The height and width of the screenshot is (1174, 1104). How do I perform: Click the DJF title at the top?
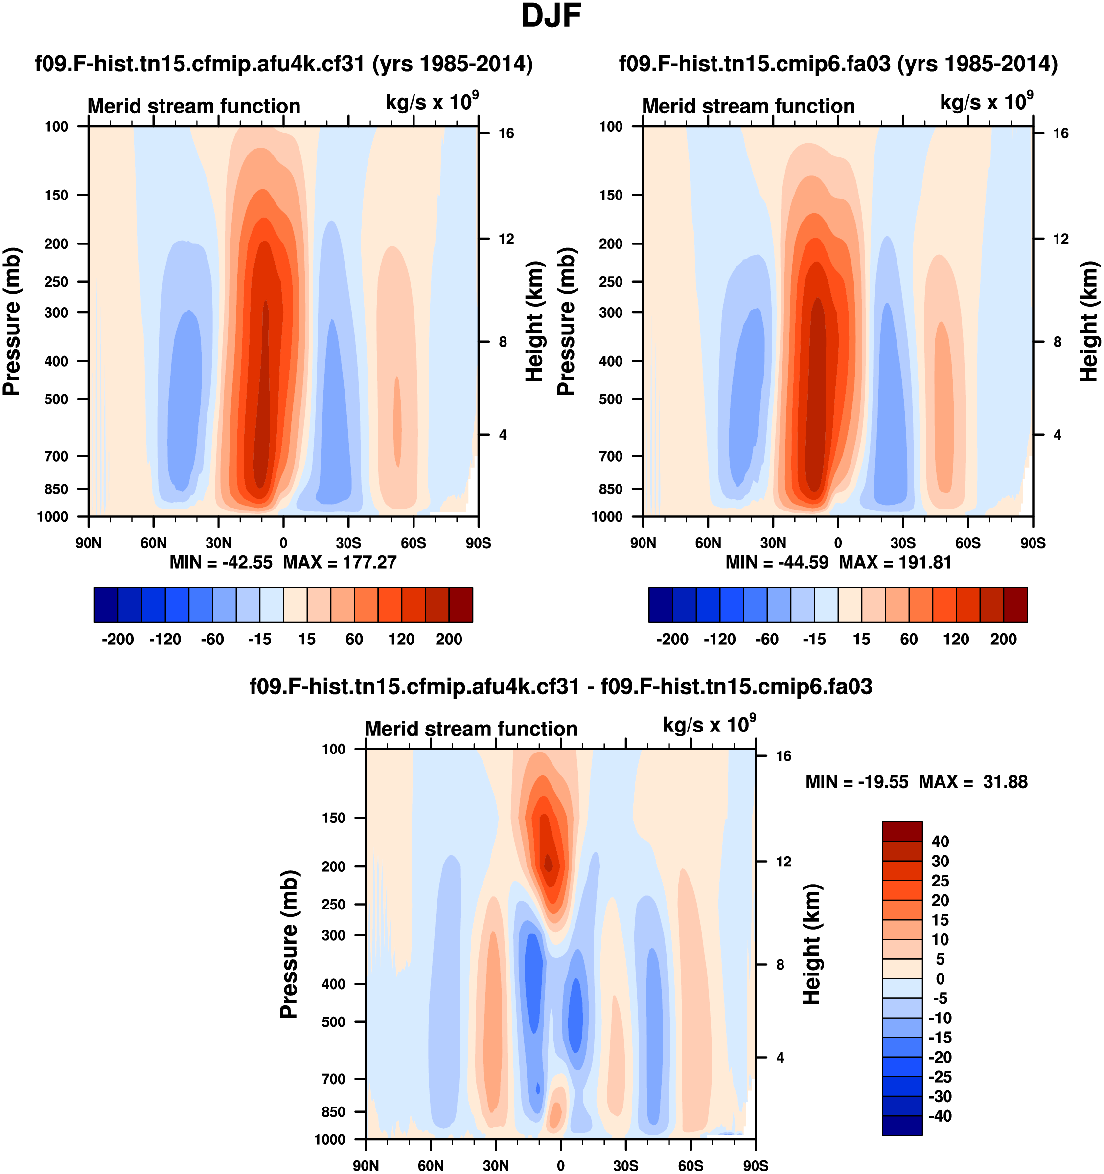click(551, 17)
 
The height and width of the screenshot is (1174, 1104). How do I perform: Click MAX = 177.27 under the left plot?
click(339, 562)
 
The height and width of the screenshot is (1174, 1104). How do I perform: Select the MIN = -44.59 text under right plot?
click(777, 562)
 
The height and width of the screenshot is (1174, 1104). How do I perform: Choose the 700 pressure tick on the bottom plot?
click(333, 1079)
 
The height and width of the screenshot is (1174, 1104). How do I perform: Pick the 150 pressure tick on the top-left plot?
click(56, 195)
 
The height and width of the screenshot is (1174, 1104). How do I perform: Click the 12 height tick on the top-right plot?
click(1061, 239)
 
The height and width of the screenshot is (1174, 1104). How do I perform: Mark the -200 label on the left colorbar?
click(117, 639)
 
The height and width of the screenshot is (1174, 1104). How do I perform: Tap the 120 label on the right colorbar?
click(956, 639)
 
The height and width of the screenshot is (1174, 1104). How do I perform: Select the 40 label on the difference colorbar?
click(940, 842)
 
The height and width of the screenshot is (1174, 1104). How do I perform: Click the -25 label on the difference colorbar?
click(940, 1077)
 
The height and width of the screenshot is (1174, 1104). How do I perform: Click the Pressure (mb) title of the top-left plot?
click(12, 321)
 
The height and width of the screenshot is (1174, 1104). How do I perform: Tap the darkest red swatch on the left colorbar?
click(461, 605)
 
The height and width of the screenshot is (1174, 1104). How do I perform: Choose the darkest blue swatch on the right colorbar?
click(660, 605)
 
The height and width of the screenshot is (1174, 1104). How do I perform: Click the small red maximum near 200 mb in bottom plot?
click(549, 864)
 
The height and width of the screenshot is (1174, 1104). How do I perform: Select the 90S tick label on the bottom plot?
click(755, 1166)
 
